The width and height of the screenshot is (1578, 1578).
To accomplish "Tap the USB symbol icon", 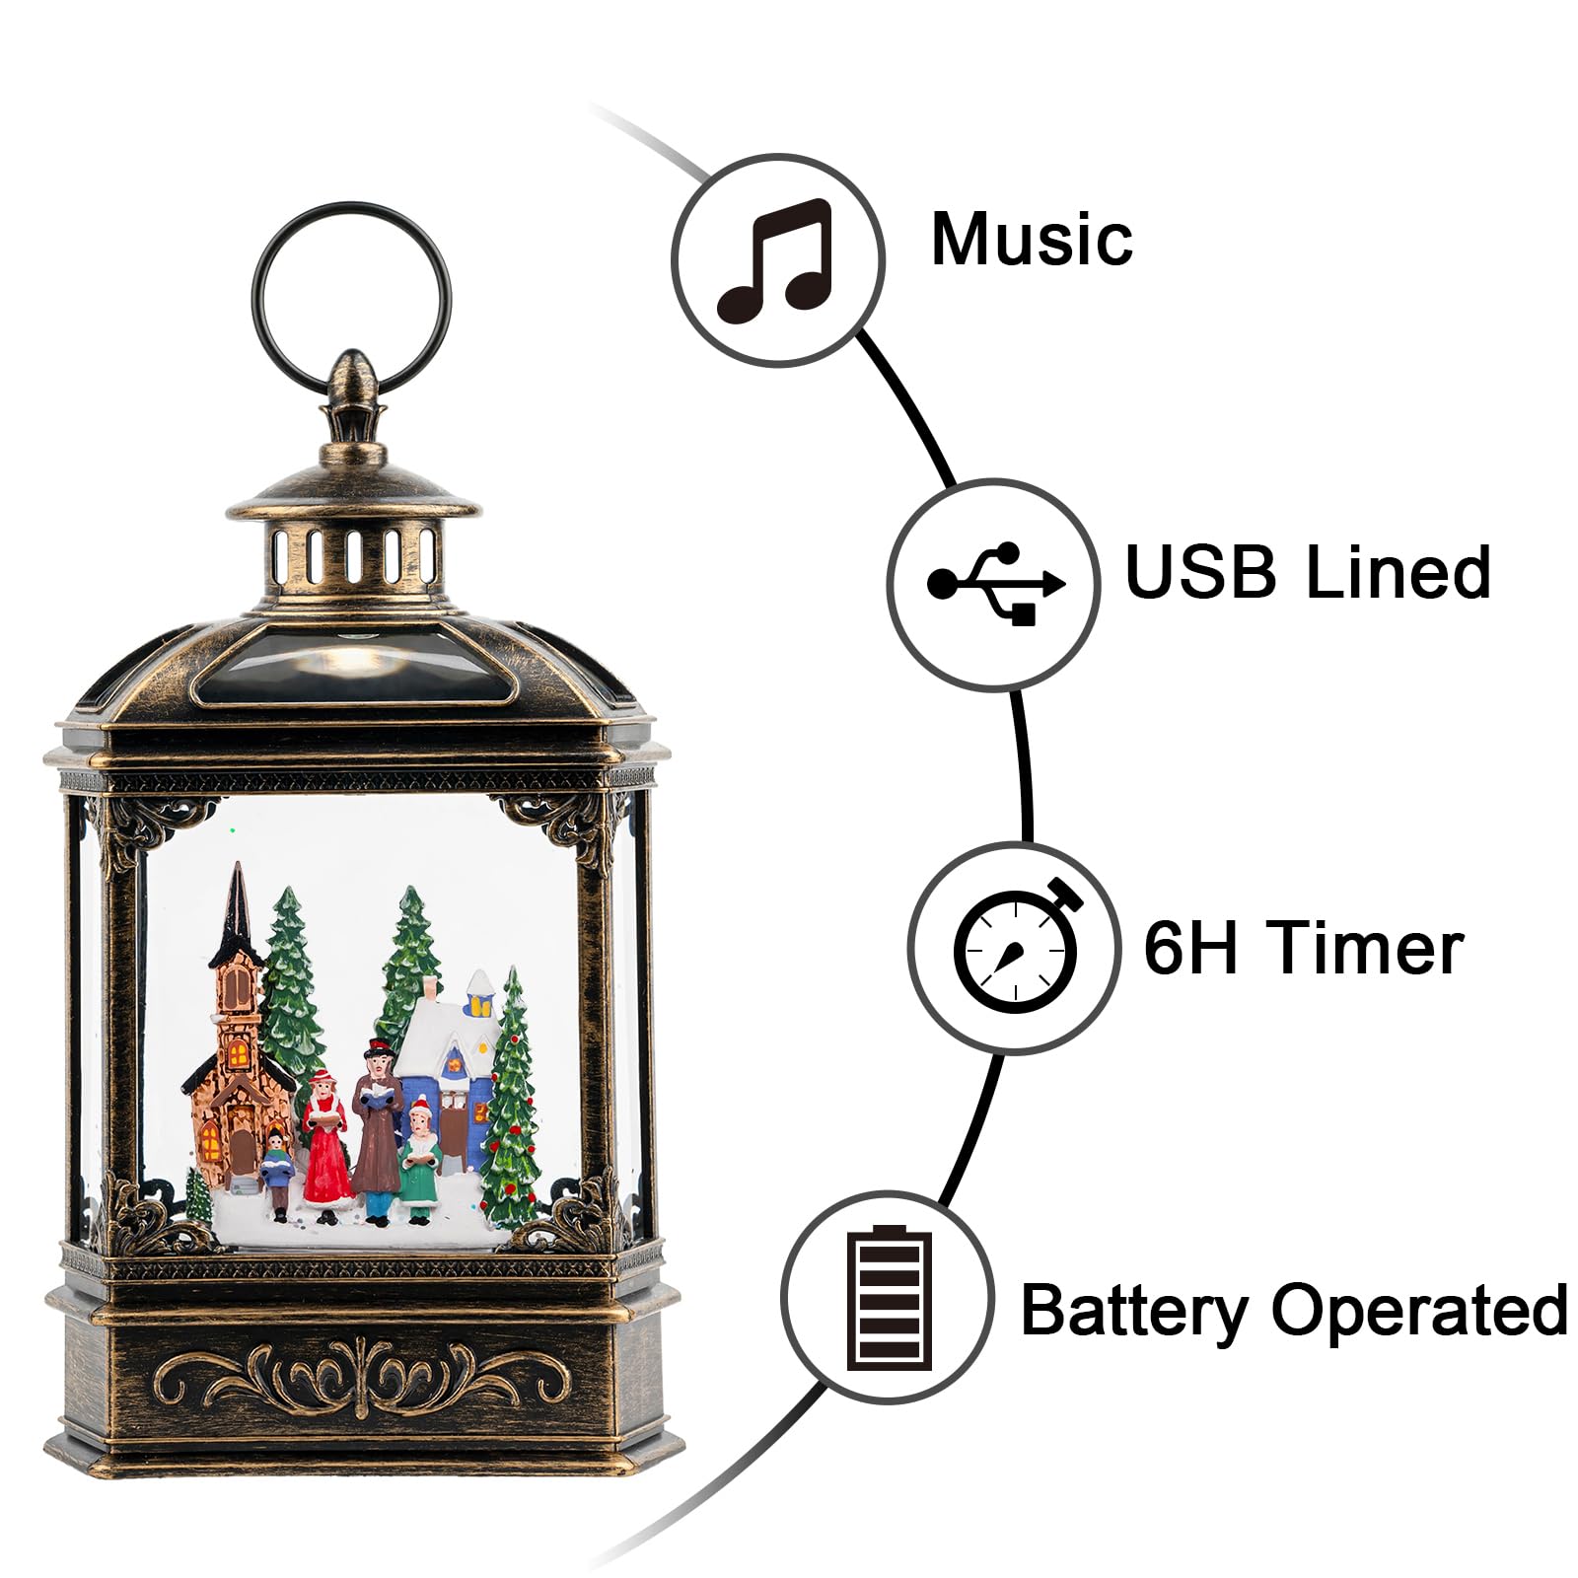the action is click(994, 584).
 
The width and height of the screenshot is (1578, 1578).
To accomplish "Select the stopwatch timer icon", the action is click(1016, 947).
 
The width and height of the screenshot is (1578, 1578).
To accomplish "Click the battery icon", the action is click(888, 1297).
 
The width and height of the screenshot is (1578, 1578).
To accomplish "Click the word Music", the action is click(1032, 239).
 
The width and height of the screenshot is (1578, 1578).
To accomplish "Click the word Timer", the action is click(1367, 947).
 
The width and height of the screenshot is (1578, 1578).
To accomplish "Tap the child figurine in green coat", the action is click(421, 1164).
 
